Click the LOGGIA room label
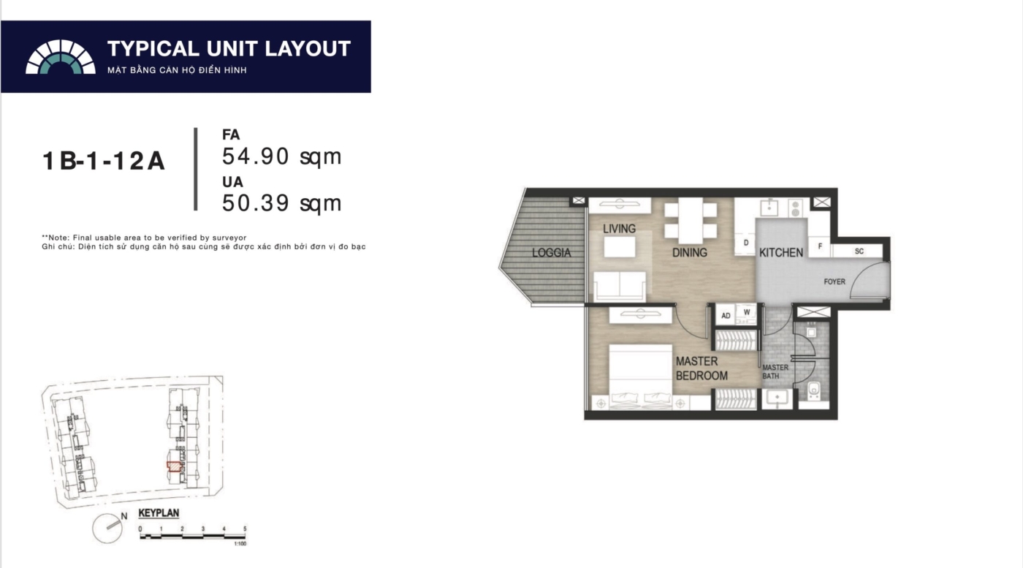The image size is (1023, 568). pos(551,253)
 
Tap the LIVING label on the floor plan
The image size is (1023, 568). pos(619,229)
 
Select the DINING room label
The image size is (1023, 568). pos(689,253)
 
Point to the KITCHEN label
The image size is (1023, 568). pos(781,253)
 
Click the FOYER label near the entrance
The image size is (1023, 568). pos(834,281)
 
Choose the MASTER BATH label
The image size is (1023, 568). pos(775,371)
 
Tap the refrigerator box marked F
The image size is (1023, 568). pos(820,246)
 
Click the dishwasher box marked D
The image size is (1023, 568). pos(746,243)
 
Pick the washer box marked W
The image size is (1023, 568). pos(747,313)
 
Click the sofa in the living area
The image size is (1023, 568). pos(620,287)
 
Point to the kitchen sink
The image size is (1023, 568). pos(769,208)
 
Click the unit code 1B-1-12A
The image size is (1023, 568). pos(103,162)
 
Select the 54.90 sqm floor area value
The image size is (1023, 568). pos(281,156)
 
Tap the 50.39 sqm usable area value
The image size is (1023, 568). pos(281,203)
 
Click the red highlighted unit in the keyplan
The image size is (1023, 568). pos(174,466)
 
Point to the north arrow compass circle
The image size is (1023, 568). pos(107,529)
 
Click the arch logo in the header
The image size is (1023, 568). pos(60,57)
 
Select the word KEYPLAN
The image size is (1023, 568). pos(159,513)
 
